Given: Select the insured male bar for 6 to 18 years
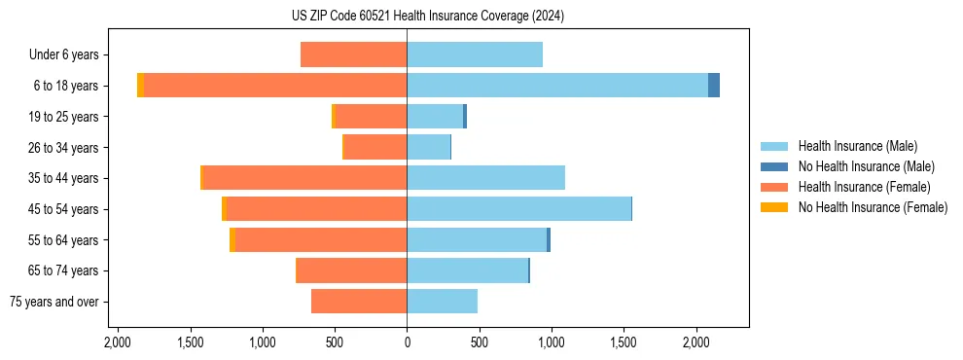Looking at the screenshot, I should [x=557, y=86].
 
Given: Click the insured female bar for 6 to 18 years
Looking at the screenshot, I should [x=275, y=86].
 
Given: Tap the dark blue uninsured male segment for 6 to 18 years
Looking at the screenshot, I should [x=714, y=86].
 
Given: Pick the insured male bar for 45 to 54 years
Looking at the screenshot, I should [x=518, y=208].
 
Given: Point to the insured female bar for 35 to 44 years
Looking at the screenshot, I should [x=304, y=178].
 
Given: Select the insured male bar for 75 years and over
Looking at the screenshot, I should [x=442, y=302].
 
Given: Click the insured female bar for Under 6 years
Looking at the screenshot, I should [x=354, y=54].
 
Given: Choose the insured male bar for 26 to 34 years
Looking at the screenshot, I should [x=428, y=147].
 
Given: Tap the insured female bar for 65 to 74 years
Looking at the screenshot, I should [x=352, y=270].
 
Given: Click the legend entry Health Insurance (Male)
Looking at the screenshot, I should [x=857, y=146].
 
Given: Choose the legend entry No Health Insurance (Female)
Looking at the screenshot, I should [x=873, y=207].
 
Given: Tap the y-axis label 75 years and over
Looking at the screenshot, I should [x=54, y=302].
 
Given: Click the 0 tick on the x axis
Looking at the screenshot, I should [x=407, y=342].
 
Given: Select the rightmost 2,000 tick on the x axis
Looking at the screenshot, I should [x=696, y=342].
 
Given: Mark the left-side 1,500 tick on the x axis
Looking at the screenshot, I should [x=190, y=342].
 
